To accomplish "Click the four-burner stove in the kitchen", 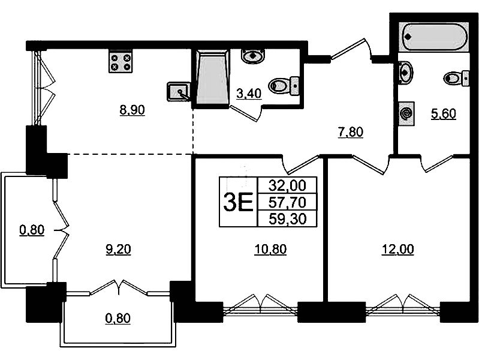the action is pyautogui.click(x=120, y=61).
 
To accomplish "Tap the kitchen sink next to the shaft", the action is pyautogui.click(x=179, y=91).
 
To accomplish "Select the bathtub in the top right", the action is pyautogui.click(x=433, y=37).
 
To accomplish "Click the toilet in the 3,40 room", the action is pyautogui.click(x=284, y=85).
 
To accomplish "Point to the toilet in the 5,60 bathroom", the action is pyautogui.click(x=456, y=79).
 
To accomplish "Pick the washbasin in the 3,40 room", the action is pyautogui.click(x=253, y=56).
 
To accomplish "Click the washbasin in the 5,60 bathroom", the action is pyautogui.click(x=405, y=72).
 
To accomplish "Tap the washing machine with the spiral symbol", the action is pyautogui.click(x=406, y=114).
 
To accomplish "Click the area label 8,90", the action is pyautogui.click(x=132, y=110).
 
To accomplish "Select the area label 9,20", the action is pyautogui.click(x=118, y=250).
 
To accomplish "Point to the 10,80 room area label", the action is pyautogui.click(x=270, y=249).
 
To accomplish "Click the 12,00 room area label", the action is pyautogui.click(x=398, y=249).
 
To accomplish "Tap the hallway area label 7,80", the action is pyautogui.click(x=351, y=132).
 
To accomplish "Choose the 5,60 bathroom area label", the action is pyautogui.click(x=443, y=114).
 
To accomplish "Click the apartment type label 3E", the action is pyautogui.click(x=238, y=202).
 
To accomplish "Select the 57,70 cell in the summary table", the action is pyautogui.click(x=288, y=202).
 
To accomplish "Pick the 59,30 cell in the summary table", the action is pyautogui.click(x=288, y=218).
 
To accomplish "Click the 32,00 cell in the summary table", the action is pyautogui.click(x=288, y=185).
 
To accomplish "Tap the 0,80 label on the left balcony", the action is pyautogui.click(x=32, y=230).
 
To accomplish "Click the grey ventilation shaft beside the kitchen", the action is pyautogui.click(x=212, y=79).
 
